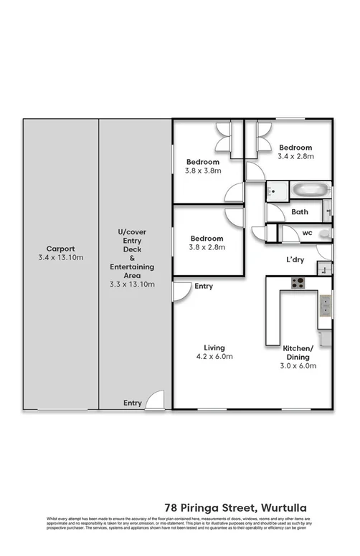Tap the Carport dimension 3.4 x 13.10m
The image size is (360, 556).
click(61, 257)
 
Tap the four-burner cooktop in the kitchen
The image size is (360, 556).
click(298, 282)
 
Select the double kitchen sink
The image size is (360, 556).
click(325, 307)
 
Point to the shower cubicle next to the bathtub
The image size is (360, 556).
click(276, 191)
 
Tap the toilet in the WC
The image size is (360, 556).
click(325, 234)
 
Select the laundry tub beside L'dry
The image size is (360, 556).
click(324, 269)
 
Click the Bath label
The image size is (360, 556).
click(299, 212)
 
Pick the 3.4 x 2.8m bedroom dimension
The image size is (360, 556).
click(296, 156)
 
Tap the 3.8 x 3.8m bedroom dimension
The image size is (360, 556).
click(204, 171)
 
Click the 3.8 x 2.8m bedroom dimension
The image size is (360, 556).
click(207, 247)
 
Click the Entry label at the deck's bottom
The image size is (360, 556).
click(133, 403)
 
